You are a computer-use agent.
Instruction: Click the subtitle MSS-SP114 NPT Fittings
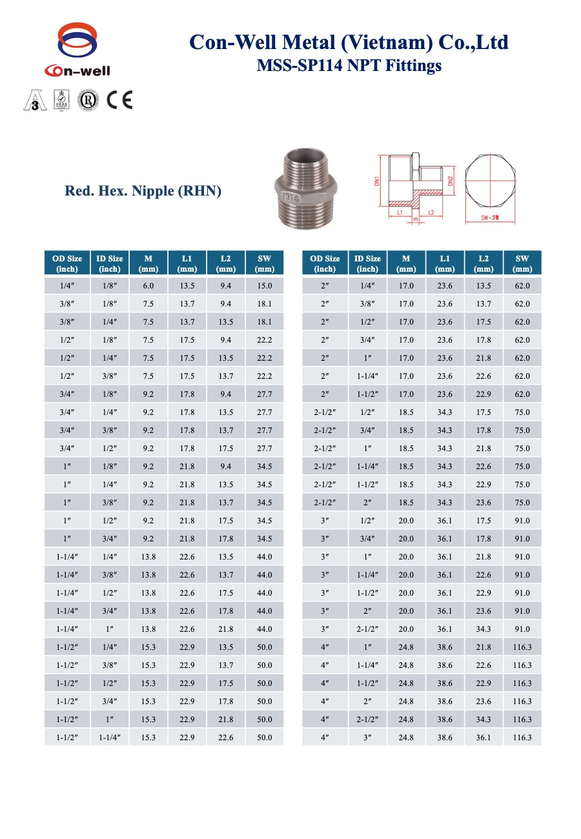pyautogui.click(x=349, y=65)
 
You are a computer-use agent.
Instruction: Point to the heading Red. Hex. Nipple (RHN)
pyautogui.click(x=143, y=191)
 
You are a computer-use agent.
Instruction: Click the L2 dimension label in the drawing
pyautogui.click(x=430, y=212)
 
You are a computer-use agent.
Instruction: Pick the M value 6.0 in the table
pyautogui.click(x=148, y=286)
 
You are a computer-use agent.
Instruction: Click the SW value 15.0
pyautogui.click(x=265, y=286)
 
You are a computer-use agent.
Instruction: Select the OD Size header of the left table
pyautogui.click(x=67, y=263)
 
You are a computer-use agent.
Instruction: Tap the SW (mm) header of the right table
pyautogui.click(x=522, y=263)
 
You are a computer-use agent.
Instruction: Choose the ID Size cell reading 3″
pyautogui.click(x=367, y=738)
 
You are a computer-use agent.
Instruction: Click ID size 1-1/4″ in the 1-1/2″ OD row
pyautogui.click(x=110, y=738)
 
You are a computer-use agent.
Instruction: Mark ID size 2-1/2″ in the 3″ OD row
pyautogui.click(x=367, y=629)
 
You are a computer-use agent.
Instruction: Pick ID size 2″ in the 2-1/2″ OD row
pyautogui.click(x=367, y=503)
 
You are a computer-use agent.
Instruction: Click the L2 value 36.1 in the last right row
pyautogui.click(x=484, y=738)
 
